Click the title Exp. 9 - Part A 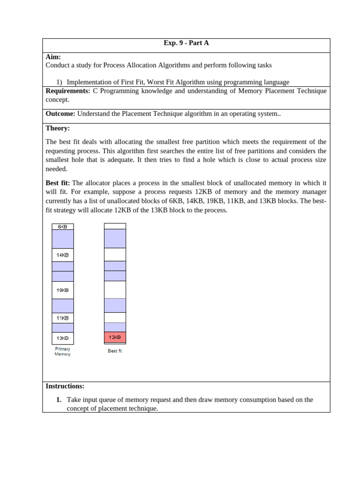tap(186, 43)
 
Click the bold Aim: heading tap(53, 57)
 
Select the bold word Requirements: tap(67, 91)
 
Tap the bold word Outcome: tap(60, 113)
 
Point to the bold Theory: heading tap(58, 128)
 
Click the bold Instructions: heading tap(65, 386)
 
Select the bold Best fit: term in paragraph tap(58, 183)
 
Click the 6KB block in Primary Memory tap(62, 227)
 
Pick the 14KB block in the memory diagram tap(62, 255)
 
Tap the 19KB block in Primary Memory tap(62, 290)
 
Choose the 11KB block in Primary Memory tap(62, 318)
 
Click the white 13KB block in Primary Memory tap(62, 338)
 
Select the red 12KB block tap(115, 337)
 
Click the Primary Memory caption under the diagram tap(62, 352)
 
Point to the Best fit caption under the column tap(115, 351)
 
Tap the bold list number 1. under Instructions tap(59, 400)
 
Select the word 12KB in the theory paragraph tap(205, 192)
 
